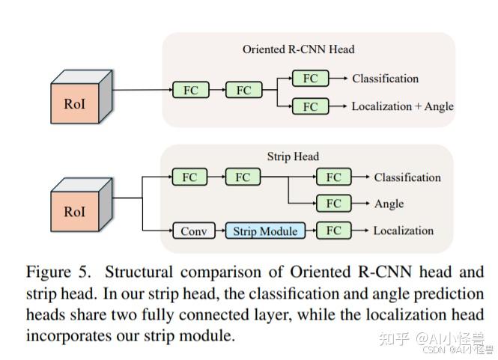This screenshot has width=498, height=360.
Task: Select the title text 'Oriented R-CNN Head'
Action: point(298,49)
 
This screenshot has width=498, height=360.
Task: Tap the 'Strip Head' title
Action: point(293,156)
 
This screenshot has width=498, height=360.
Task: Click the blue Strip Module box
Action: point(265,231)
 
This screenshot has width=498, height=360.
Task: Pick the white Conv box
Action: point(193,231)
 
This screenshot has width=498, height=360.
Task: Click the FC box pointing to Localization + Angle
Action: point(310,106)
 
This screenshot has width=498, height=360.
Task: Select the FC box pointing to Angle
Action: point(333,204)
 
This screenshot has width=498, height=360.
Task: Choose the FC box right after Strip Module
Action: point(333,231)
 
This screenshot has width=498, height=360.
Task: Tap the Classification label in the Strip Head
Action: point(407,177)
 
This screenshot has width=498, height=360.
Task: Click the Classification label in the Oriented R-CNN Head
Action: point(385,79)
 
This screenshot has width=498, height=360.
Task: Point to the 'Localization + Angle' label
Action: point(402,106)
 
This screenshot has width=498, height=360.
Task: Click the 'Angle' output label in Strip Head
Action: point(389,204)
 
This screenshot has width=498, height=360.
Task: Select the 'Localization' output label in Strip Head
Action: point(403,231)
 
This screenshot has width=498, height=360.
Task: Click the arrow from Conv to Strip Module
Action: point(220,231)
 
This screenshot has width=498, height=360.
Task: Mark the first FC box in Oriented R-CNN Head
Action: point(190,91)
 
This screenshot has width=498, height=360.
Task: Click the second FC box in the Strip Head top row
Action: point(243,177)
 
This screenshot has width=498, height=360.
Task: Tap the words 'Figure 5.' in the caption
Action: point(57,272)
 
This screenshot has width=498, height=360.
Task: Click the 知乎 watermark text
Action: point(394,338)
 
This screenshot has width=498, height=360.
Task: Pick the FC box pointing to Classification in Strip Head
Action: point(333,177)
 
